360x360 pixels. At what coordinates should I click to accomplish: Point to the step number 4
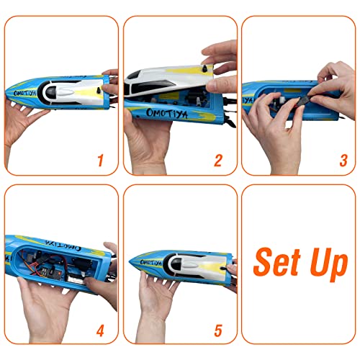coord(100,331)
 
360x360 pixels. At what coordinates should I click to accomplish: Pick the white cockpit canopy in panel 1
coord(68,92)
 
